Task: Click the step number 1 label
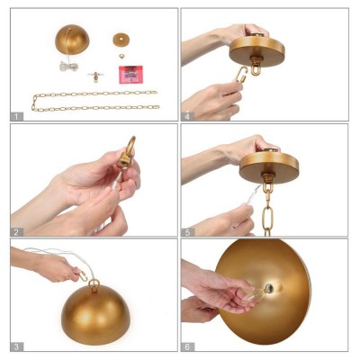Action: point(16,116)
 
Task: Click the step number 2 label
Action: point(16,231)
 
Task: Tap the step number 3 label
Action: point(16,346)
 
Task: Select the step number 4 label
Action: point(187,116)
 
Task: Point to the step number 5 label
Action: point(187,231)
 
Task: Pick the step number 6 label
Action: point(187,346)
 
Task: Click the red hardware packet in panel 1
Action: point(131,75)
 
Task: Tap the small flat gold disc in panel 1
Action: point(121,40)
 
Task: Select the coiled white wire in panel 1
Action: point(68,66)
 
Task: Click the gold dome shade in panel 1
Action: point(72,40)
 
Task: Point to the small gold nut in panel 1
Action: point(121,56)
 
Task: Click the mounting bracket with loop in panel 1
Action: point(96,76)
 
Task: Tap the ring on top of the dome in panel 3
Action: point(94,284)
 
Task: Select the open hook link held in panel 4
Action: point(241,75)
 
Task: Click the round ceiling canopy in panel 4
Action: point(256,51)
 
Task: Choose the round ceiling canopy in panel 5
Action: point(269,166)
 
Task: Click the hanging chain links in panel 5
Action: point(267,210)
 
